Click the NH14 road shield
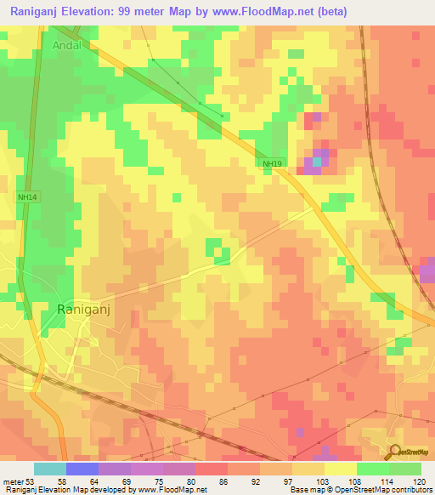27,196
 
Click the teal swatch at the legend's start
49,469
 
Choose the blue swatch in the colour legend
82,469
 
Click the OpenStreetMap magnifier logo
394,452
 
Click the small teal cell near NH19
317,160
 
